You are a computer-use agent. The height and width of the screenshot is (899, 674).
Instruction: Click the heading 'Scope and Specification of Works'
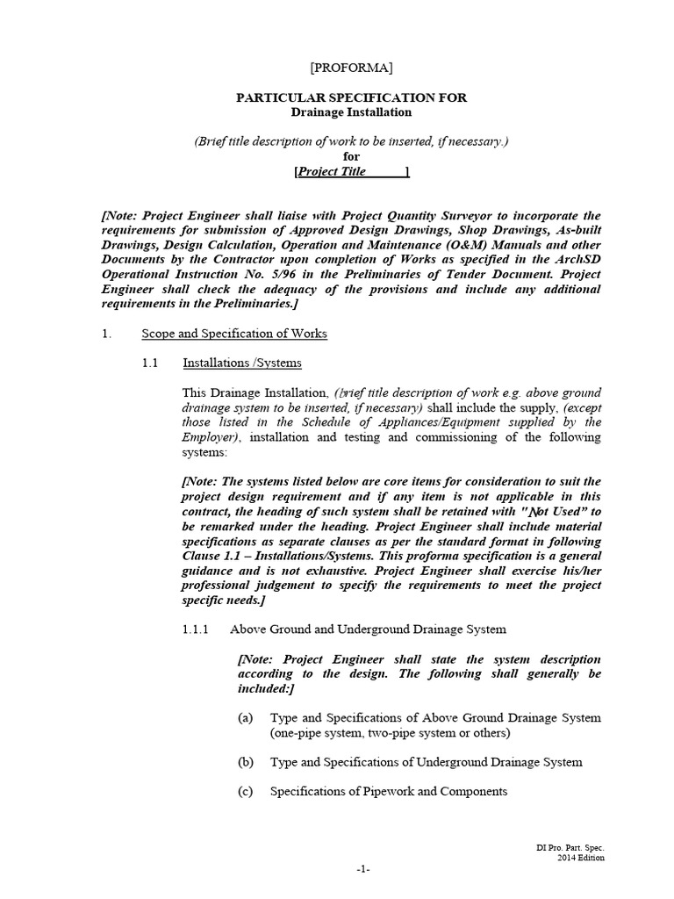click(x=234, y=334)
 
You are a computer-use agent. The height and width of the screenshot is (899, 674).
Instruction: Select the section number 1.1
click(x=150, y=363)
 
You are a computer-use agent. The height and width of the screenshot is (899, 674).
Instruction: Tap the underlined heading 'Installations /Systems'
click(x=242, y=363)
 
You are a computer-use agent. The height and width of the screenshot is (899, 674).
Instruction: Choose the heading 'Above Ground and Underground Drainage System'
click(x=368, y=629)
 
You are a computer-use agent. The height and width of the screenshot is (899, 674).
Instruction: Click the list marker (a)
click(x=246, y=717)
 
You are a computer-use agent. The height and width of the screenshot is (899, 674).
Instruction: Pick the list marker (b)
click(x=246, y=762)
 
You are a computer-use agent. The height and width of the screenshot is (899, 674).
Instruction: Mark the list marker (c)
click(x=246, y=791)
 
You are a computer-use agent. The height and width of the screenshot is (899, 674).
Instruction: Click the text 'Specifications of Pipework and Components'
click(x=389, y=791)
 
